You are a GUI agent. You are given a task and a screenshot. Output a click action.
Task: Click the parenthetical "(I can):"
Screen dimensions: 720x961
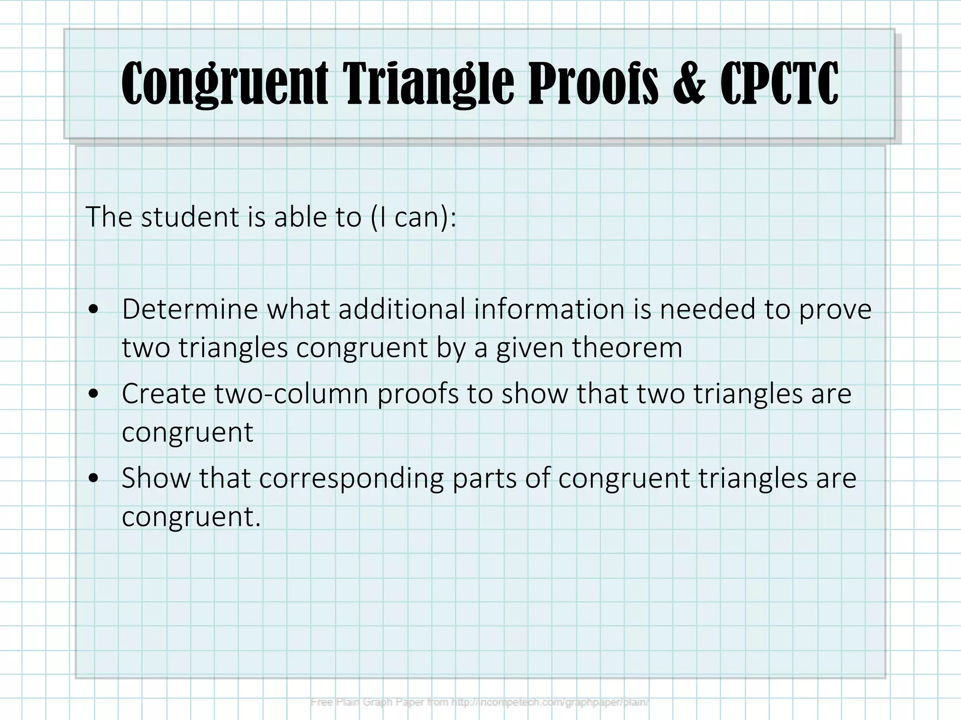(x=413, y=217)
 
